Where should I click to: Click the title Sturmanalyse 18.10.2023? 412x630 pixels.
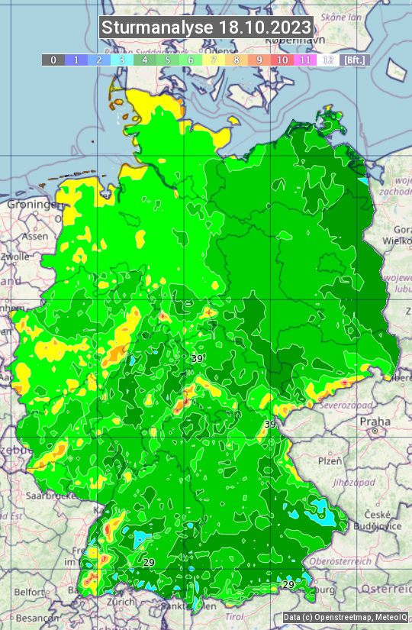click(206, 27)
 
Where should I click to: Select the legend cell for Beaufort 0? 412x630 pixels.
click(53, 60)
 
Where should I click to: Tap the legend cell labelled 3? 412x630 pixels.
click(122, 60)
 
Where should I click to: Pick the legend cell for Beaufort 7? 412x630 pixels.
click(214, 60)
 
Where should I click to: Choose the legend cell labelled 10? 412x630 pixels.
click(282, 60)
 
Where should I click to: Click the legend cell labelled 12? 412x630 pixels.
click(328, 60)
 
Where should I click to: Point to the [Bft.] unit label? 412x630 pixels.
click(354, 60)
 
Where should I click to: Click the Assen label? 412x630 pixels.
click(34, 237)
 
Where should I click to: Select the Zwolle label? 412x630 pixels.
click(15, 257)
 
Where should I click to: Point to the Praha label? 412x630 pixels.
click(375, 422)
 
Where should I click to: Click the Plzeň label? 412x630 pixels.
click(330, 461)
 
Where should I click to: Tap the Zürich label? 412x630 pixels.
click(121, 602)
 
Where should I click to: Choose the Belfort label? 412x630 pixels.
click(30, 592)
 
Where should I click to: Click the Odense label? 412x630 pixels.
click(216, 110)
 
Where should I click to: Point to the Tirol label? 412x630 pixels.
click(234, 616)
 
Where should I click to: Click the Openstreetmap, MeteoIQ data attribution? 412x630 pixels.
click(346, 617)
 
